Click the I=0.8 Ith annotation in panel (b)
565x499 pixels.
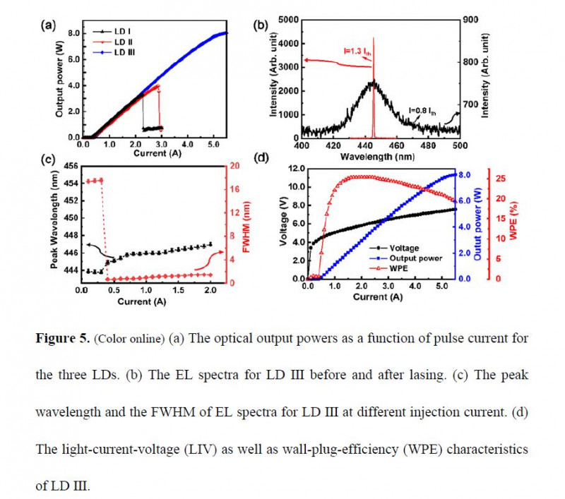(x=427, y=109)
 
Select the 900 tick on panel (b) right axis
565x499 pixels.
(x=471, y=19)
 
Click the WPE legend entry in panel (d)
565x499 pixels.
(x=406, y=268)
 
